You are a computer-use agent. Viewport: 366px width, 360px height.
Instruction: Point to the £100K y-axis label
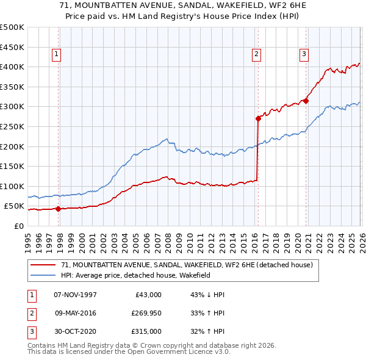[x=12, y=186]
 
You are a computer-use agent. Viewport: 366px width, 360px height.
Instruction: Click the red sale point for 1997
[x=59, y=209]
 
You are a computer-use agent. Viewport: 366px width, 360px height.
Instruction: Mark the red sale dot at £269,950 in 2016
[x=258, y=118]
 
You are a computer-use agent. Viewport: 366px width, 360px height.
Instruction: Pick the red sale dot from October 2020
[x=306, y=101]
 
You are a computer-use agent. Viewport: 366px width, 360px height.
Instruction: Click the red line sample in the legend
[x=43, y=265]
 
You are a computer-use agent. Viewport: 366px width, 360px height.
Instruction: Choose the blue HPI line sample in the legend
[x=43, y=276]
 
